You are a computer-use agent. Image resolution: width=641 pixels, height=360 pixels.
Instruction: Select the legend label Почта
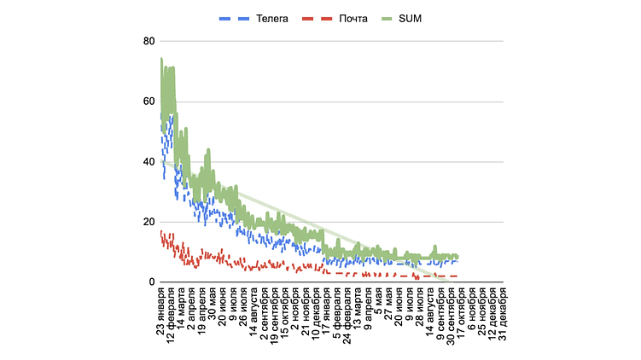coord(352,16)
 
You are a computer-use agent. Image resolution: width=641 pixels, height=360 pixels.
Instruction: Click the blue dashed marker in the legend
coord(236,16)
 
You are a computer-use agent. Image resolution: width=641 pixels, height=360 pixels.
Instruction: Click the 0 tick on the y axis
coord(151,282)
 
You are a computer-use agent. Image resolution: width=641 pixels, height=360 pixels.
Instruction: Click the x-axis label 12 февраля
coord(171,323)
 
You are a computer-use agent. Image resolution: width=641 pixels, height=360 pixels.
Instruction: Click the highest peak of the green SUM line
coord(160,59)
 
